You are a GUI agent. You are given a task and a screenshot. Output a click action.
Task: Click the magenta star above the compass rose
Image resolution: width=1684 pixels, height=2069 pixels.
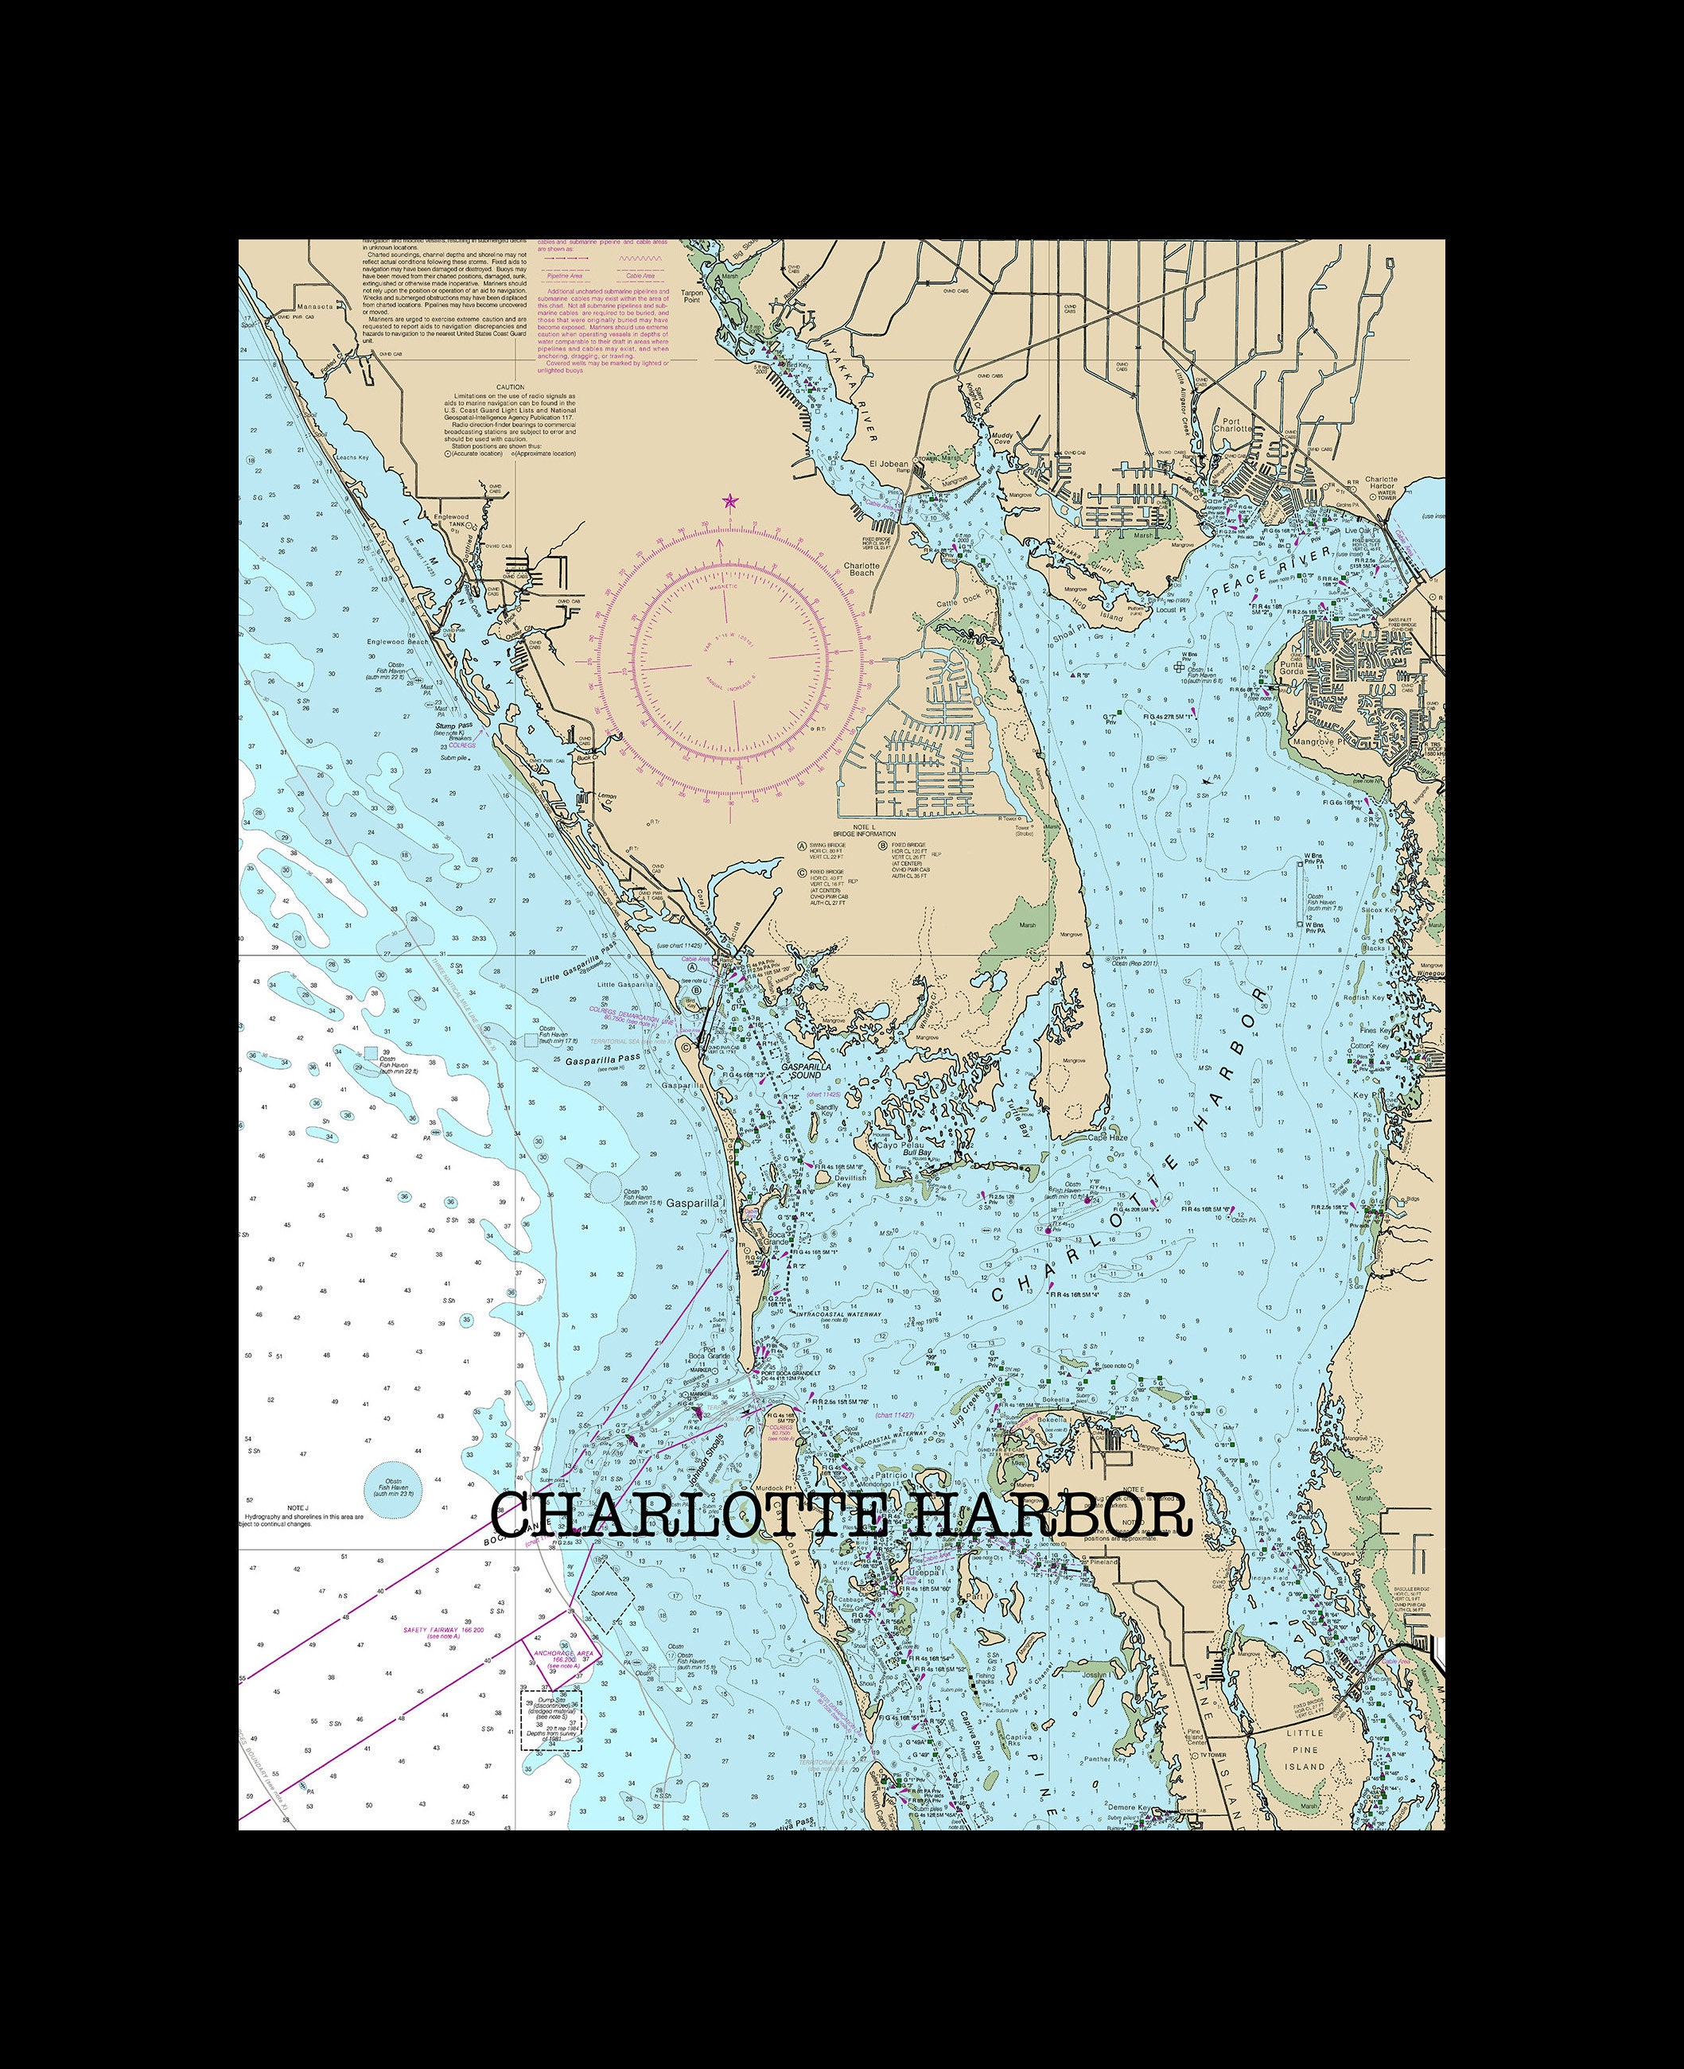pos(729,501)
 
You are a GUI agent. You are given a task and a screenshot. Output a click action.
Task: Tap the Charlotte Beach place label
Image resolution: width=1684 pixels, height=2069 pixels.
pos(861,569)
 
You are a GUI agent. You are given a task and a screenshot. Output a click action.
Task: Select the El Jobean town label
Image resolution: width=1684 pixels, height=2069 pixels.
pos(889,464)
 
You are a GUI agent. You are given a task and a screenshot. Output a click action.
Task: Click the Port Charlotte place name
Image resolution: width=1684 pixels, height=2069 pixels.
pos(1232,424)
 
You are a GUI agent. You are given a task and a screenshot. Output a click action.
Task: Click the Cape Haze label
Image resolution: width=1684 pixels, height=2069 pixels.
pos(1108,1137)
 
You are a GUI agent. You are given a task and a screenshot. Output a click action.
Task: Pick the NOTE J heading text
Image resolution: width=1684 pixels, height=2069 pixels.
pos(298,1507)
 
